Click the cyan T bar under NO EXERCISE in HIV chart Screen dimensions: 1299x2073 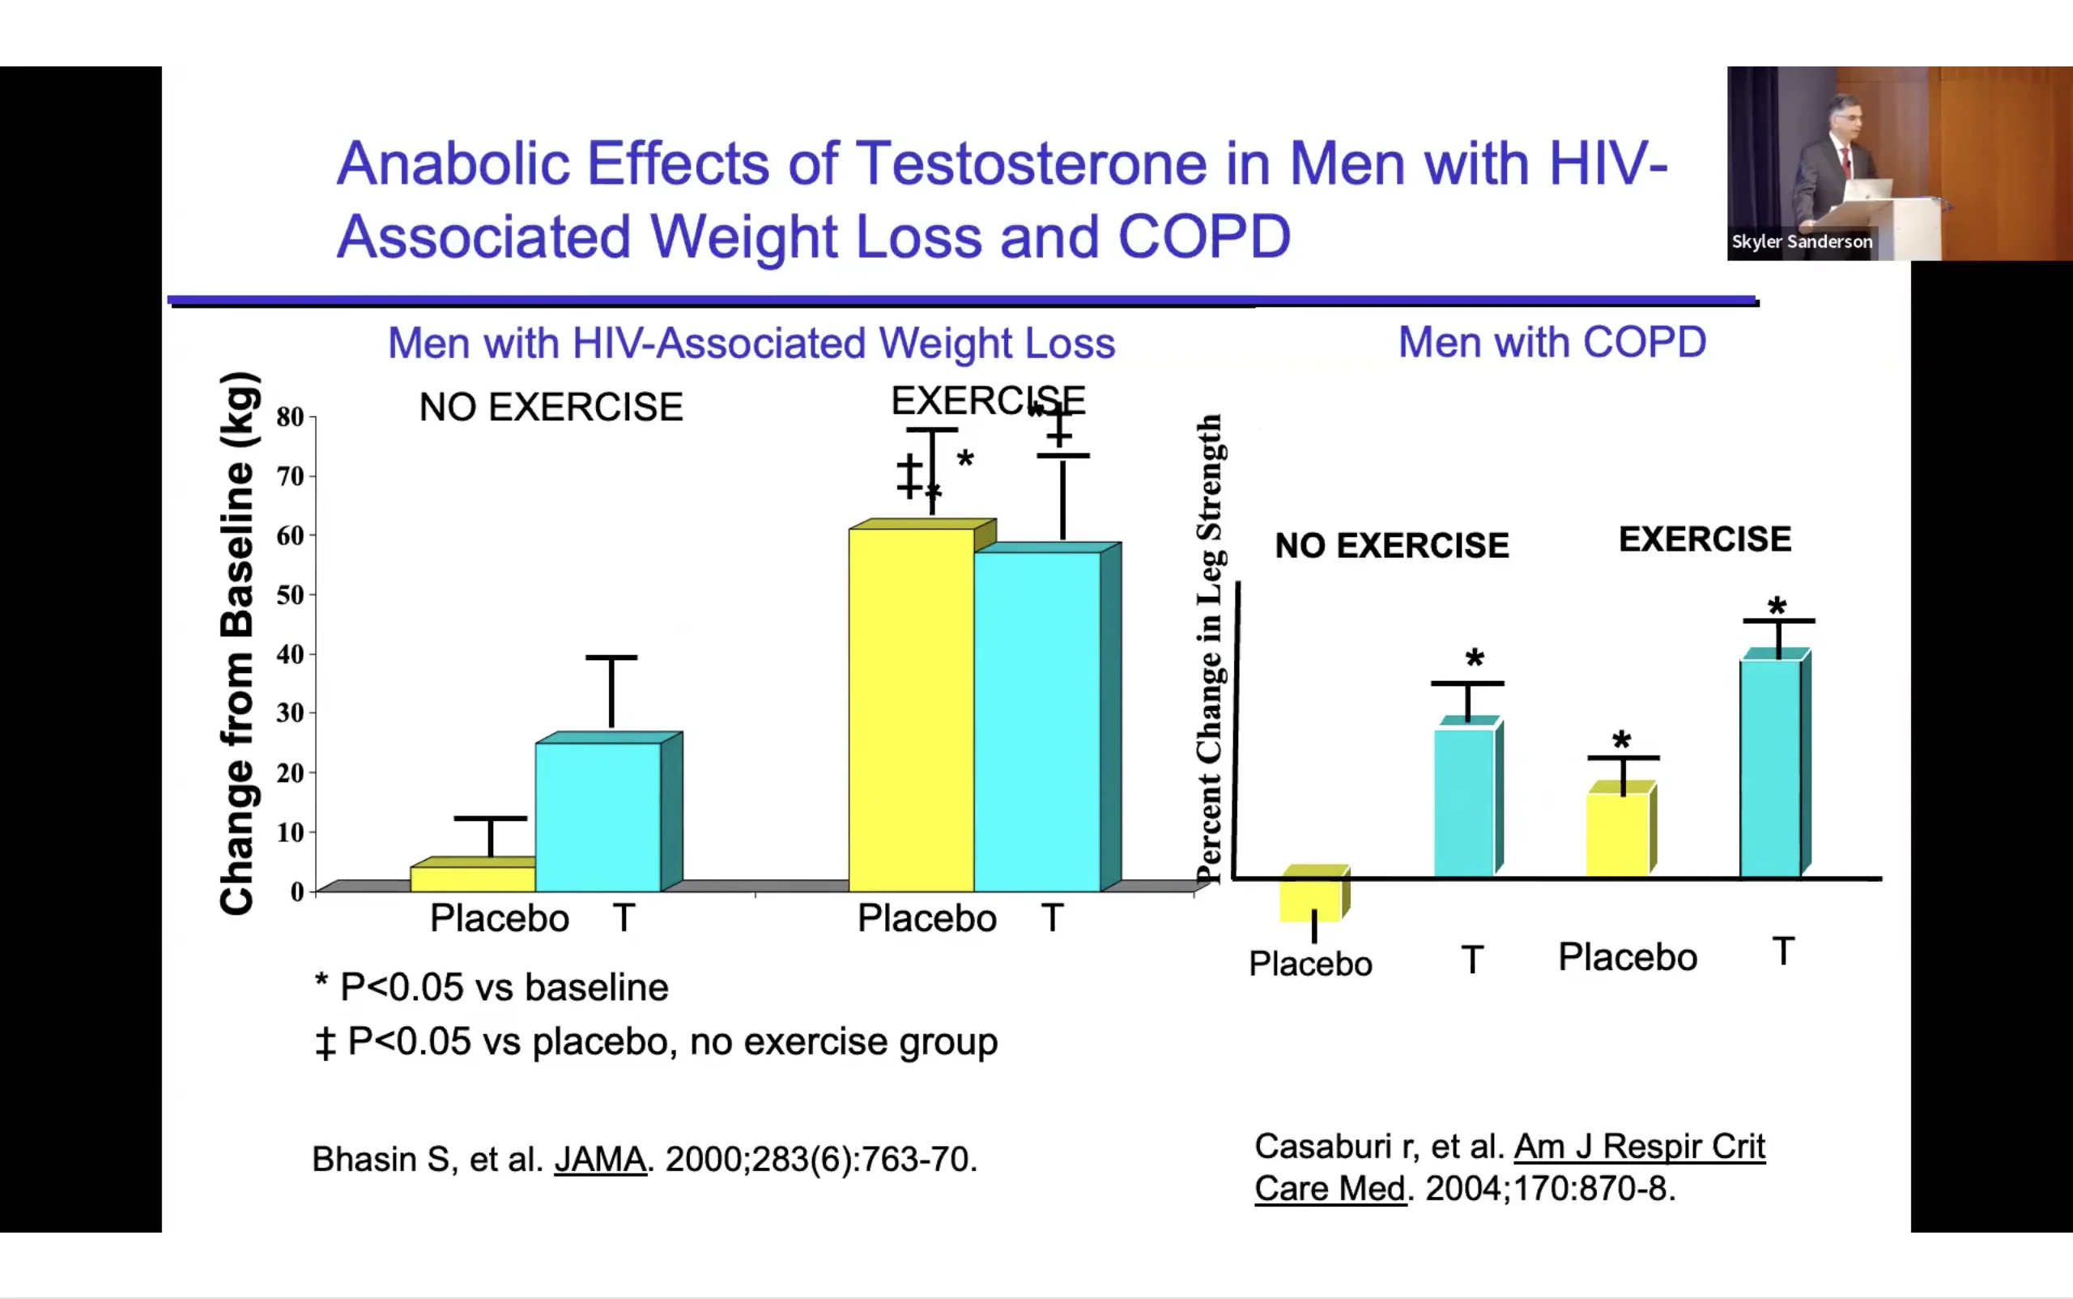[598, 816]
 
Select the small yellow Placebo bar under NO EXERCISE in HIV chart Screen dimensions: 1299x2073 [473, 878]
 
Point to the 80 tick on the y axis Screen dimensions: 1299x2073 [291, 418]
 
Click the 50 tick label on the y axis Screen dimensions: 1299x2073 [291, 594]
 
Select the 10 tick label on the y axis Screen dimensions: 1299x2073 [291, 832]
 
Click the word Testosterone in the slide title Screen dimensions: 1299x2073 [1032, 164]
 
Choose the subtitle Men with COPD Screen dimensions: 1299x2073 [1552, 343]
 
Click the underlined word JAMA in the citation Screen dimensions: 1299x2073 [600, 1159]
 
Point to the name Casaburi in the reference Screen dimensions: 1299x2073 [1323, 1146]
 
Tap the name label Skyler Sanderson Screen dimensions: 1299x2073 [1802, 242]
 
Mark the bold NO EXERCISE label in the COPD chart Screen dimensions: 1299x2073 [1392, 546]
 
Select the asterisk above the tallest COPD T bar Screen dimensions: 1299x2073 [1777, 606]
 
